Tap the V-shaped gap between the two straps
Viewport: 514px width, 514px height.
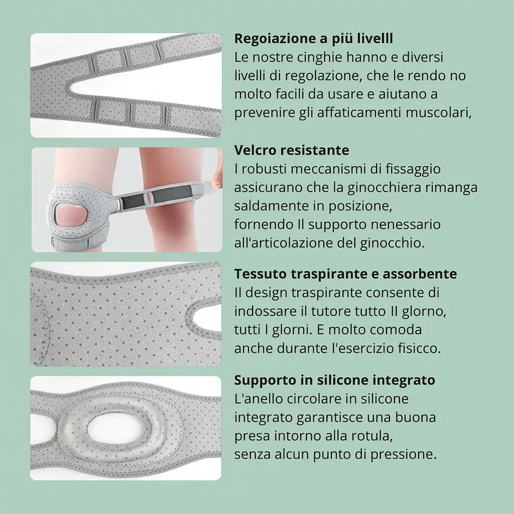coord(125,87)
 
